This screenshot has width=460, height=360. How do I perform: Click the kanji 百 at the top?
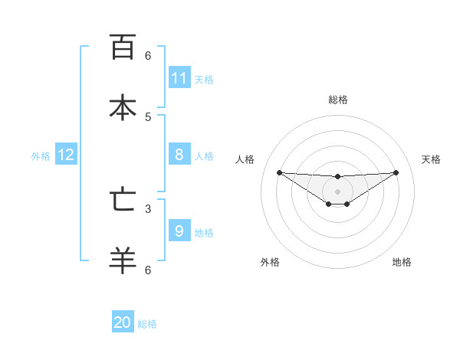[123, 47]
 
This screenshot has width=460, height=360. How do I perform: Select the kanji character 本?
[123, 106]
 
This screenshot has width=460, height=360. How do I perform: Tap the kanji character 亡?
[123, 200]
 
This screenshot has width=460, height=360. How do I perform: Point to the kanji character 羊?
[123, 260]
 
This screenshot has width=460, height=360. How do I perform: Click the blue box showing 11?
[179, 78]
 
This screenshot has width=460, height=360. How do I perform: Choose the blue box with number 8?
[179, 155]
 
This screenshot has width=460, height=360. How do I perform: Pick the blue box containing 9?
[179, 231]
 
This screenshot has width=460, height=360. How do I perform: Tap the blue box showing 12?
[66, 155]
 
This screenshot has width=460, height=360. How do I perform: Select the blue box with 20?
[123, 322]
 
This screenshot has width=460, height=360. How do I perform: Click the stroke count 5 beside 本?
[148, 116]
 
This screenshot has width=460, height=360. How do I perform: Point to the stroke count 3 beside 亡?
[148, 208]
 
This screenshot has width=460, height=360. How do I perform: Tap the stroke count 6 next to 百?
[148, 55]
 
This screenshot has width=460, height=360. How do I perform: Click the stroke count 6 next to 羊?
[148, 270]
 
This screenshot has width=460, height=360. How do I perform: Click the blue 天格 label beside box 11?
[204, 80]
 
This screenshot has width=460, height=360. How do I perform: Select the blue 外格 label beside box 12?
[41, 156]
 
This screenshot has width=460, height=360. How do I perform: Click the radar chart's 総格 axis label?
[338, 100]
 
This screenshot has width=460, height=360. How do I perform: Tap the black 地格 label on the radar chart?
[402, 262]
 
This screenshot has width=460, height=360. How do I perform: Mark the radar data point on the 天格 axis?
[396, 172]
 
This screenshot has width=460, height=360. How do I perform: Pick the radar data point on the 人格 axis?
[280, 172]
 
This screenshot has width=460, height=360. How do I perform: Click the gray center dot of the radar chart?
[338, 191]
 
